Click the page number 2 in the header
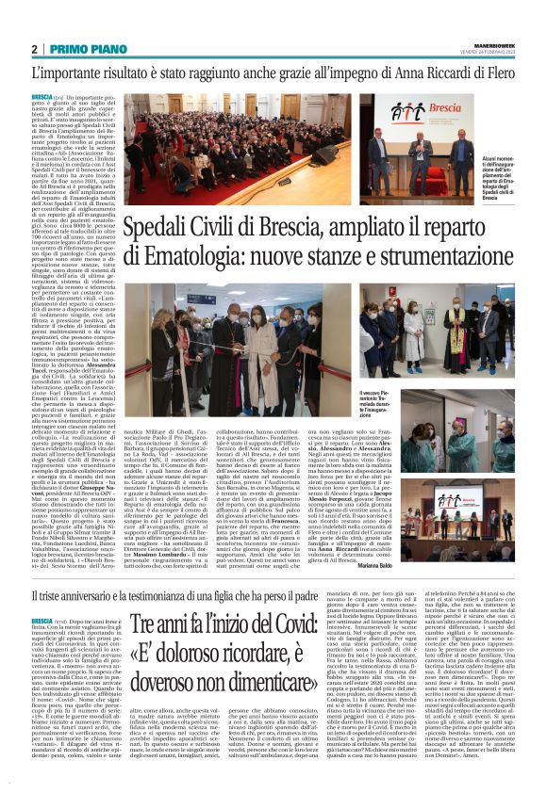(x=34, y=49)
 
